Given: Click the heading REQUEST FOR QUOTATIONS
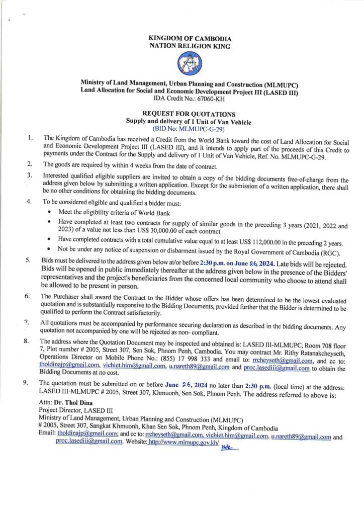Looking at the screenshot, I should [x=181, y=114].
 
